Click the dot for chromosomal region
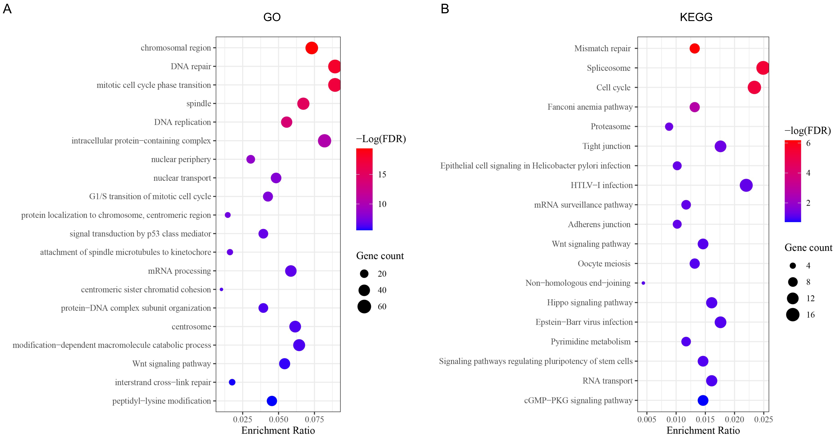(311, 48)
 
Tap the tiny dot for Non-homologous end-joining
(643, 283)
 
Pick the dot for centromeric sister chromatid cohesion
(221, 289)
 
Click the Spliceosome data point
(763, 68)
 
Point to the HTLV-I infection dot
(746, 185)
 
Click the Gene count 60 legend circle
(364, 306)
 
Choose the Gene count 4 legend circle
(793, 266)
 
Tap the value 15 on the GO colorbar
(382, 175)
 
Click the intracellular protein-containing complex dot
(324, 141)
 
